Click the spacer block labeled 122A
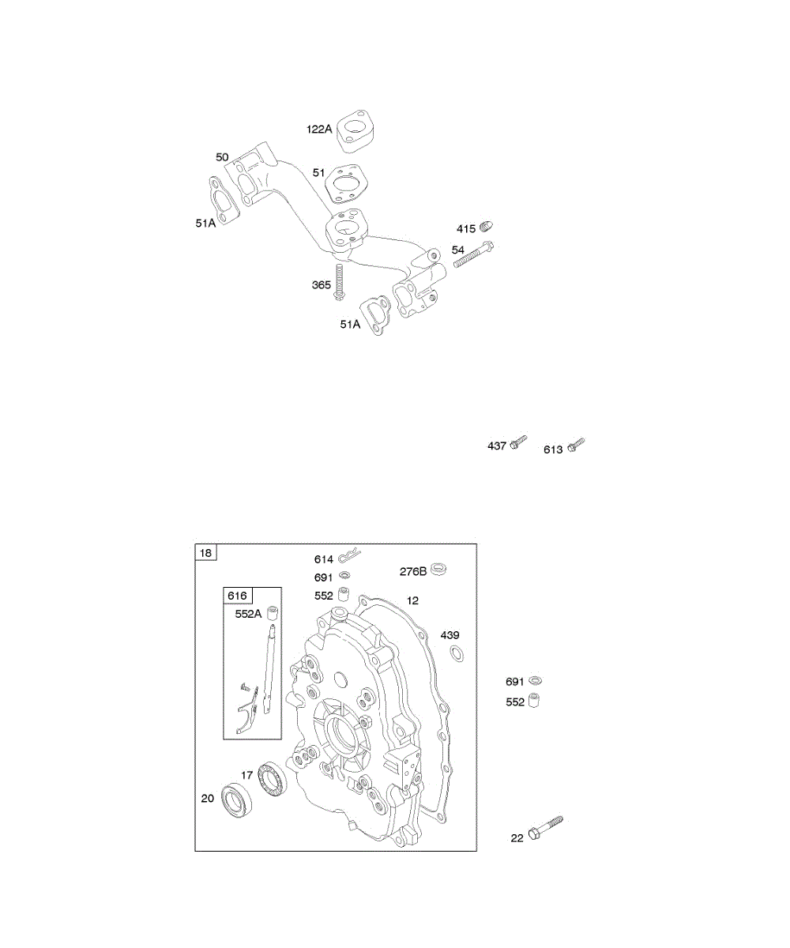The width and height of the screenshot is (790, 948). (x=358, y=131)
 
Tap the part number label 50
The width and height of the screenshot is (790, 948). (x=222, y=157)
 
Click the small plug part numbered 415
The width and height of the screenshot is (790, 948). (x=487, y=226)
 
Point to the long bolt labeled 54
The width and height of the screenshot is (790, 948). (x=473, y=254)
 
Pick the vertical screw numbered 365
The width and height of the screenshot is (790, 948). (x=338, y=282)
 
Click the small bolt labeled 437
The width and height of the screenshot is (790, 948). (x=518, y=442)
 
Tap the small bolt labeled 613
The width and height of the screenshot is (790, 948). (x=576, y=444)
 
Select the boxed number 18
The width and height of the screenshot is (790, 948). (x=205, y=552)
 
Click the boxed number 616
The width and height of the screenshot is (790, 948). (x=238, y=595)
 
